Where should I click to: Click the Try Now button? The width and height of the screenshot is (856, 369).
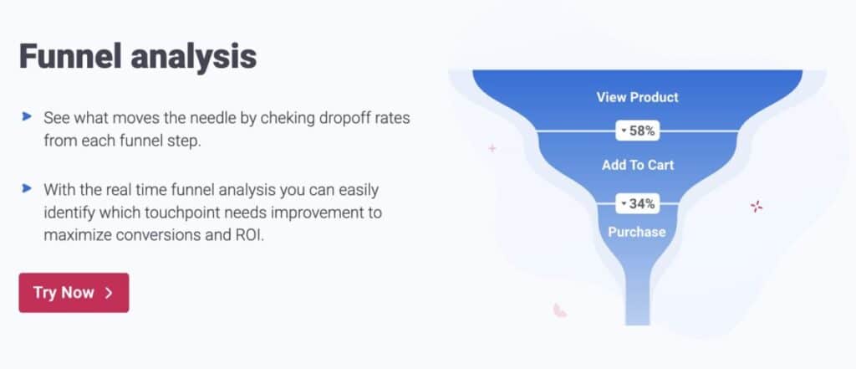[74, 293]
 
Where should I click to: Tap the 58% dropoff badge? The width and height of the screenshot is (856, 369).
[637, 131]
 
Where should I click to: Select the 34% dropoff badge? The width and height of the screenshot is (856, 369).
[637, 204]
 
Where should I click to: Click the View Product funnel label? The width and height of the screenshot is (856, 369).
[637, 97]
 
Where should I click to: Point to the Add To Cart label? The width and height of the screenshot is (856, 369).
[638, 165]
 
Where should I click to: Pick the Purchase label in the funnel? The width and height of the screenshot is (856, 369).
[637, 232]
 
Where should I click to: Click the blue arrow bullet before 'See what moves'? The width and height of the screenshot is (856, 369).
[26, 116]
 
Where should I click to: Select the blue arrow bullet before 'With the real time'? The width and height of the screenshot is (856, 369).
[26, 188]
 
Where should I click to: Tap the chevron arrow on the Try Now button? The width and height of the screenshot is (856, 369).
[109, 293]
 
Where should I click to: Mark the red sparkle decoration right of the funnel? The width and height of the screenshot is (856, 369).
[756, 206]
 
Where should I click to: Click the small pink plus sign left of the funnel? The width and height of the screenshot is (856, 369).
[492, 148]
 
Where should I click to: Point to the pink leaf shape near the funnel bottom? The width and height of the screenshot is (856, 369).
[559, 310]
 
